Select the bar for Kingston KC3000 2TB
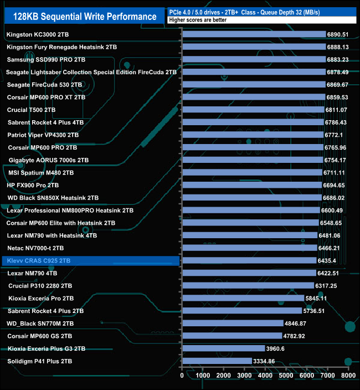click(254, 34)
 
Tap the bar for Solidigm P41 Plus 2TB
click(217, 361)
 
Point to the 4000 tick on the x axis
click(265, 376)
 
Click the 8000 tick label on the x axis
click(348, 376)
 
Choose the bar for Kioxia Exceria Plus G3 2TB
click(223, 348)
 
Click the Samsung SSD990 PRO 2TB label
click(46, 59)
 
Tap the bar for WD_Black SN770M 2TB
click(232, 324)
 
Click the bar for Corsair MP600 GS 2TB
click(232, 336)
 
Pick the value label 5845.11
click(317, 298)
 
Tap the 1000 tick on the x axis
click(203, 376)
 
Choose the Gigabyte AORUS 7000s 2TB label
click(49, 160)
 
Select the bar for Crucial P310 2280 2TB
click(248, 286)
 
